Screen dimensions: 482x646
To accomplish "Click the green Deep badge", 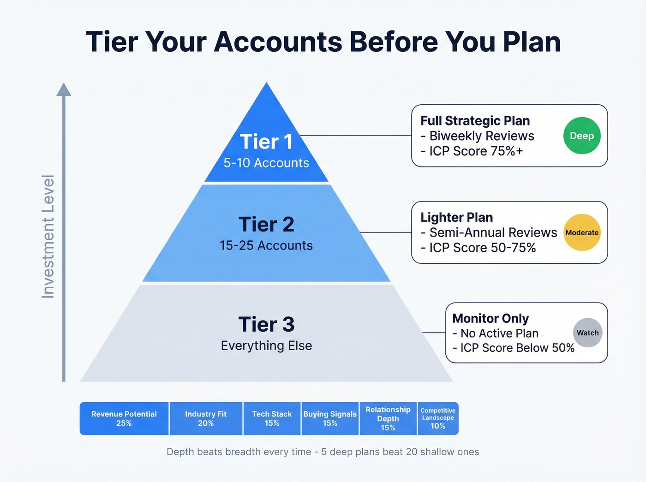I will (582, 136).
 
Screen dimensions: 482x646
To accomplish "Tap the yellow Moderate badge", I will (582, 232).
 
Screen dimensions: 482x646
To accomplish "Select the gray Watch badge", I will (587, 333).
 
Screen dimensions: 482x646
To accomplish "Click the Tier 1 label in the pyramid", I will (266, 142).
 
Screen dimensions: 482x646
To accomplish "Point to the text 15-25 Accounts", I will (266, 245).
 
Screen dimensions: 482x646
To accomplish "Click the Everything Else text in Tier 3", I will (266, 345).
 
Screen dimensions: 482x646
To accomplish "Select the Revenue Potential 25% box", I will (124, 418).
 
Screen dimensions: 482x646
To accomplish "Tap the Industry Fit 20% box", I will (206, 418).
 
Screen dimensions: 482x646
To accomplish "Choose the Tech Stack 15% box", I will (272, 418).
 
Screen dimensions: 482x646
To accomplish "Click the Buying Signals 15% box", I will (330, 418).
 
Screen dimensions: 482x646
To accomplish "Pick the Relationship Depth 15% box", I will (388, 418).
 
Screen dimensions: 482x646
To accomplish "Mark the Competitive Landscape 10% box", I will (438, 418).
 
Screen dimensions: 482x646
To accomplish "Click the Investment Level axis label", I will (48, 236).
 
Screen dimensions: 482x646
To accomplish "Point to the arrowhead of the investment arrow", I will (64, 89).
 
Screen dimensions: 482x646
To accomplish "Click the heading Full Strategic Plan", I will (475, 121).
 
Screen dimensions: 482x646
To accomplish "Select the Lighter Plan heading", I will (456, 217).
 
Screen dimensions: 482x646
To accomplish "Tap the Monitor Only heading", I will (490, 318).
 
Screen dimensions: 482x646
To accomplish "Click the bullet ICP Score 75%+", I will (472, 151).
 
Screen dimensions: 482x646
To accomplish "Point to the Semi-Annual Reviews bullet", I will (489, 232).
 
